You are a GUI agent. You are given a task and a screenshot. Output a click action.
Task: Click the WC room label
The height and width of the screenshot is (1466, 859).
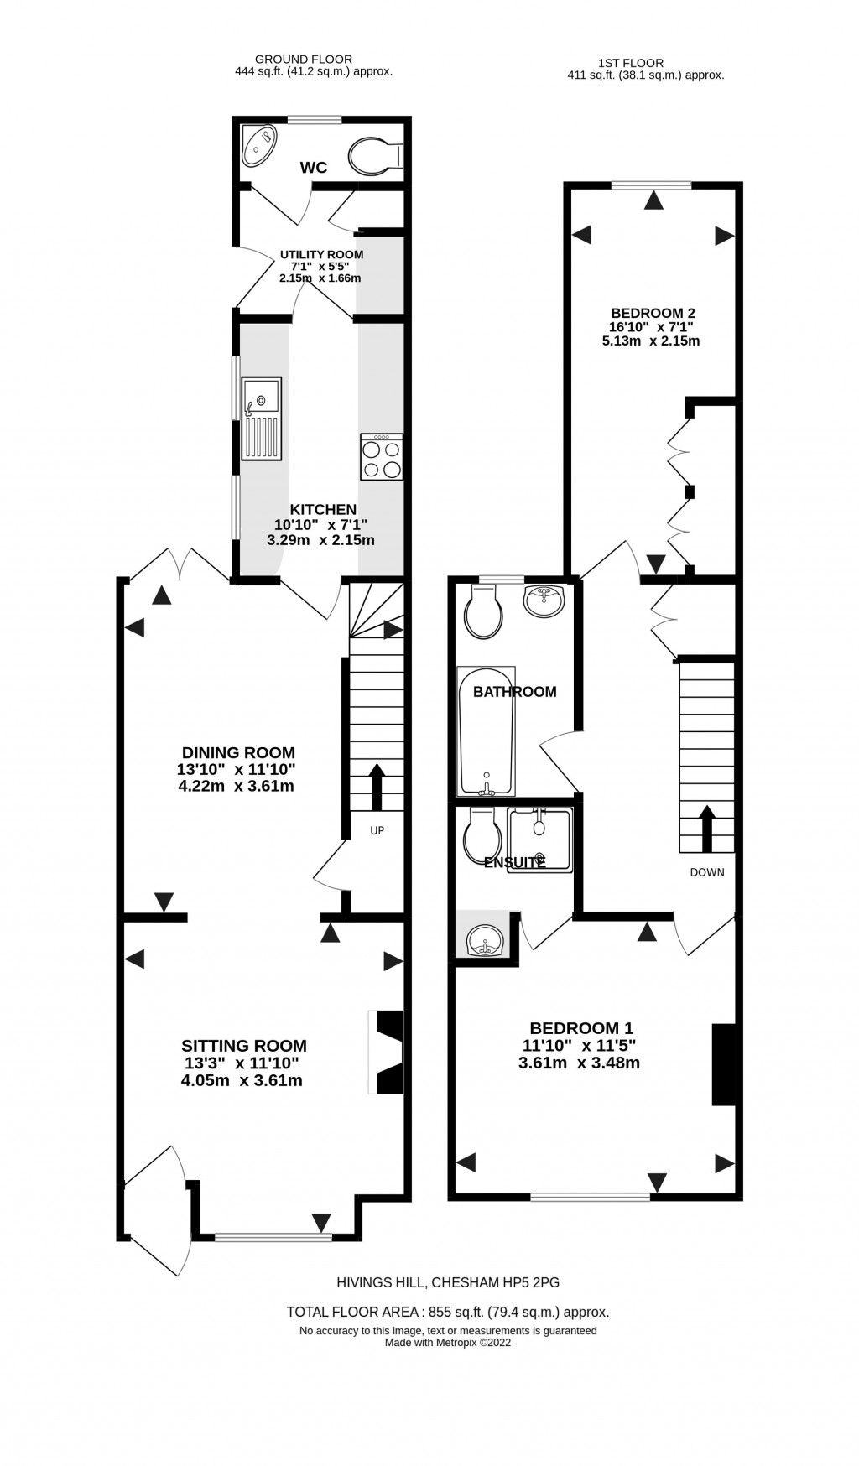pyautogui.click(x=313, y=168)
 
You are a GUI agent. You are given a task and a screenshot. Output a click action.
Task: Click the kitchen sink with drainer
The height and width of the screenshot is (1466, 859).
pyautogui.click(x=263, y=418)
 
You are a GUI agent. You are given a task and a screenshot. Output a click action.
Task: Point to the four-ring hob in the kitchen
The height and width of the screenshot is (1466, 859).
pyautogui.click(x=382, y=458)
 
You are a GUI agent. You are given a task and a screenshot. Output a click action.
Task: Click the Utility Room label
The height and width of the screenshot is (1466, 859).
pyautogui.click(x=321, y=254)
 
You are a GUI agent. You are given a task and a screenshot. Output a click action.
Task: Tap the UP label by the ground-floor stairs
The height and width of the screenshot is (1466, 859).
pyautogui.click(x=377, y=830)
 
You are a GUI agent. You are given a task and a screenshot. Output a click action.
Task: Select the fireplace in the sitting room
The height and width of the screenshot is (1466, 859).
pyautogui.click(x=387, y=1052)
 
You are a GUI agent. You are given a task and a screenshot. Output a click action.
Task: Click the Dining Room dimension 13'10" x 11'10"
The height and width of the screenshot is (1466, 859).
pyautogui.click(x=238, y=769)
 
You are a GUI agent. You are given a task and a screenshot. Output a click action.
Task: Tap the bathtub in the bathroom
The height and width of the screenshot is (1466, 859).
pyautogui.click(x=486, y=730)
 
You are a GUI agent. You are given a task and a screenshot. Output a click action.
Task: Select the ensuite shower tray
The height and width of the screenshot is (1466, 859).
pyautogui.click(x=540, y=840)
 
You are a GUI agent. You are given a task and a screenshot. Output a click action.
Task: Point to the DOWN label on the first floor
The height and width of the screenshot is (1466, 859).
pyautogui.click(x=706, y=872)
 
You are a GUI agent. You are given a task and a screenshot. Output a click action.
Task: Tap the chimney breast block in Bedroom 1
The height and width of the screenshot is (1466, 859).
pyautogui.click(x=723, y=1064)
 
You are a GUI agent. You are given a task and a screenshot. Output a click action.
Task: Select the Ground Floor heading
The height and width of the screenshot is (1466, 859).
pyautogui.click(x=303, y=59)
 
